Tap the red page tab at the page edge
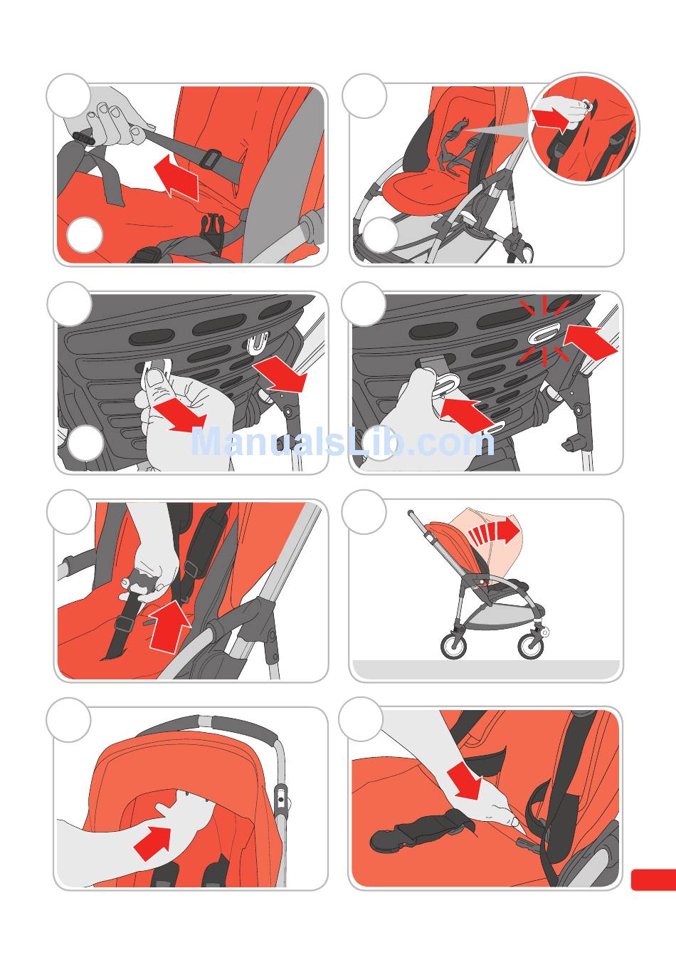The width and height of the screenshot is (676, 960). (x=653, y=880)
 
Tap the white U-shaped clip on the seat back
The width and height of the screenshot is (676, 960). (x=258, y=343)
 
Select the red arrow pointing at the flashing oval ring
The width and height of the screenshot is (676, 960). (x=590, y=342)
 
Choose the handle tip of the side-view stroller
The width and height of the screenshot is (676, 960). (x=410, y=512)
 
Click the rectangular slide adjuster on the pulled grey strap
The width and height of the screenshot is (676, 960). (x=211, y=158)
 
